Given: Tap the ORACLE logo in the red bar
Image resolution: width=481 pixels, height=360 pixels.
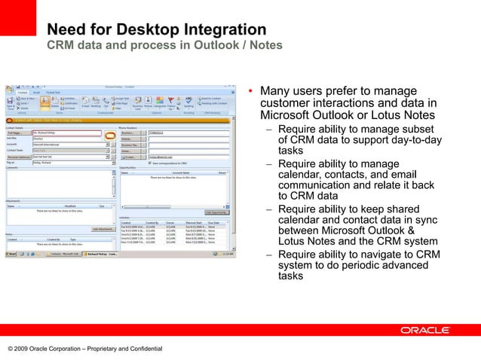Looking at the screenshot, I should [425, 330].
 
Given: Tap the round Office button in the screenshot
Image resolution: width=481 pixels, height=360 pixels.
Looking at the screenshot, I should [10, 90].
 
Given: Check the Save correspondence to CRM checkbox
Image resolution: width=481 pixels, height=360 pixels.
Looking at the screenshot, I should [151, 163].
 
